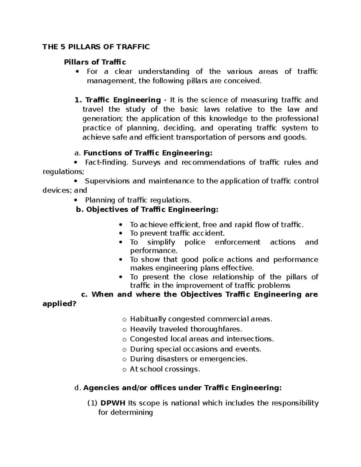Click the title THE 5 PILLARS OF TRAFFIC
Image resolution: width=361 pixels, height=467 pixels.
96,47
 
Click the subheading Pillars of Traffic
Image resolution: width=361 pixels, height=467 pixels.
95,62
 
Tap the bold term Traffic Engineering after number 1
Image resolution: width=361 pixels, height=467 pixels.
123,100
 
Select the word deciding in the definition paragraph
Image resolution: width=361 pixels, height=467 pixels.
179,128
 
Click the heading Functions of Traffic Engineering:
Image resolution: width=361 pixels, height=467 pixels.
148,153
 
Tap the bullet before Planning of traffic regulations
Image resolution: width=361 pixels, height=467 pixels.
76,200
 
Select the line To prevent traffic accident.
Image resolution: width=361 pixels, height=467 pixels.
177,233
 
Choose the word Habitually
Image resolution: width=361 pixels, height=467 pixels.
148,319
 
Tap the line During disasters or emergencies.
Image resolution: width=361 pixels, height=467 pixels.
189,359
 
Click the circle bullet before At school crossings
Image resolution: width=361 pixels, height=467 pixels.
124,370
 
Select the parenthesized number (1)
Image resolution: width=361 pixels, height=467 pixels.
92,403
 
